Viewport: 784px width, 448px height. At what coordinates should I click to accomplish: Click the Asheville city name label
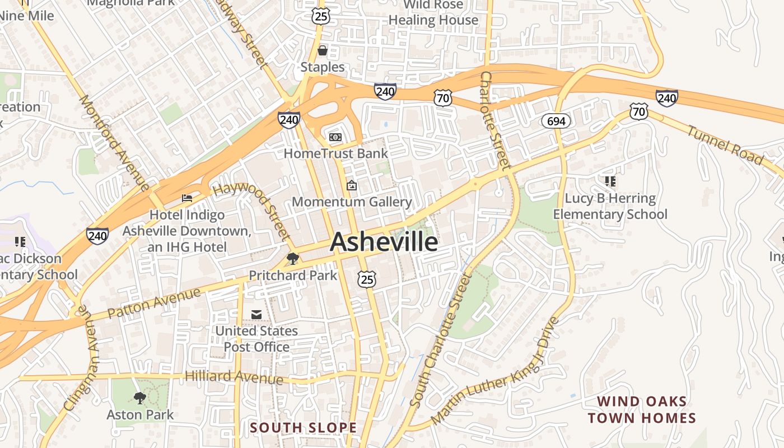[384, 242]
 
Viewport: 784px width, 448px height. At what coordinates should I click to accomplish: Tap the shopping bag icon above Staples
[323, 51]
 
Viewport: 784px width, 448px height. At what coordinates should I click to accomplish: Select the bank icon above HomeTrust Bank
[335, 137]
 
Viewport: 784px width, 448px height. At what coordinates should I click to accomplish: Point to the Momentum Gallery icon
[352, 185]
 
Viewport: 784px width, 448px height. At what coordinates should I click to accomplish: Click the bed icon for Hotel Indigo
[187, 198]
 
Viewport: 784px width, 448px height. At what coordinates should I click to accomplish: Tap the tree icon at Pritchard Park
[292, 258]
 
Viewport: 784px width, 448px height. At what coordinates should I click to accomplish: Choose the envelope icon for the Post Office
[256, 315]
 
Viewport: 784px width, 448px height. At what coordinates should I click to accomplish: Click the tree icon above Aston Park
[140, 398]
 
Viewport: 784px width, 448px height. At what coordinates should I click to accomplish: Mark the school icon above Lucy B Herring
[610, 181]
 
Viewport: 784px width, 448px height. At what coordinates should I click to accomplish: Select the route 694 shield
[556, 120]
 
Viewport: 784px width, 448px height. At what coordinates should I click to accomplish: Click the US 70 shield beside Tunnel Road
[638, 111]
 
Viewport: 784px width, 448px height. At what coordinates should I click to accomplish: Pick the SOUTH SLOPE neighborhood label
[303, 428]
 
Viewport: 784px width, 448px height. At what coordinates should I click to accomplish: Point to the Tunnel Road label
[725, 145]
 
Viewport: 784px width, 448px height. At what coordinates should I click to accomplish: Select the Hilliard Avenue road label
[235, 377]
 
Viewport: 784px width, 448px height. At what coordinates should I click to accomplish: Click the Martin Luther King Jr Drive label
[496, 370]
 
